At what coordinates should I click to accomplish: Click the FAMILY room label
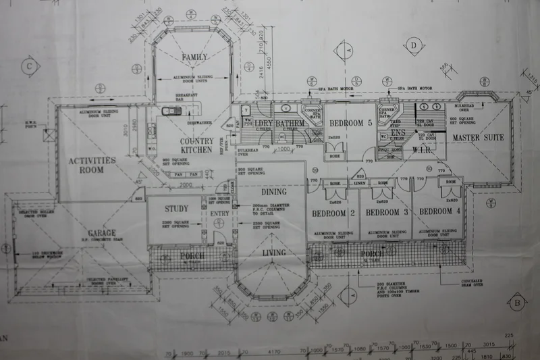[x=194, y=58]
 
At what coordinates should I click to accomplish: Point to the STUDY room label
[x=175, y=209]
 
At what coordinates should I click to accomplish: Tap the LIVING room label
[x=274, y=253]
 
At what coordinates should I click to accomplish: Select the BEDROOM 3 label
[x=387, y=212]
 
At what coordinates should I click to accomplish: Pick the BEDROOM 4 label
[x=440, y=211]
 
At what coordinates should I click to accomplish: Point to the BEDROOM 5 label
[x=350, y=123]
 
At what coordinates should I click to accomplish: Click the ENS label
[x=398, y=133]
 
